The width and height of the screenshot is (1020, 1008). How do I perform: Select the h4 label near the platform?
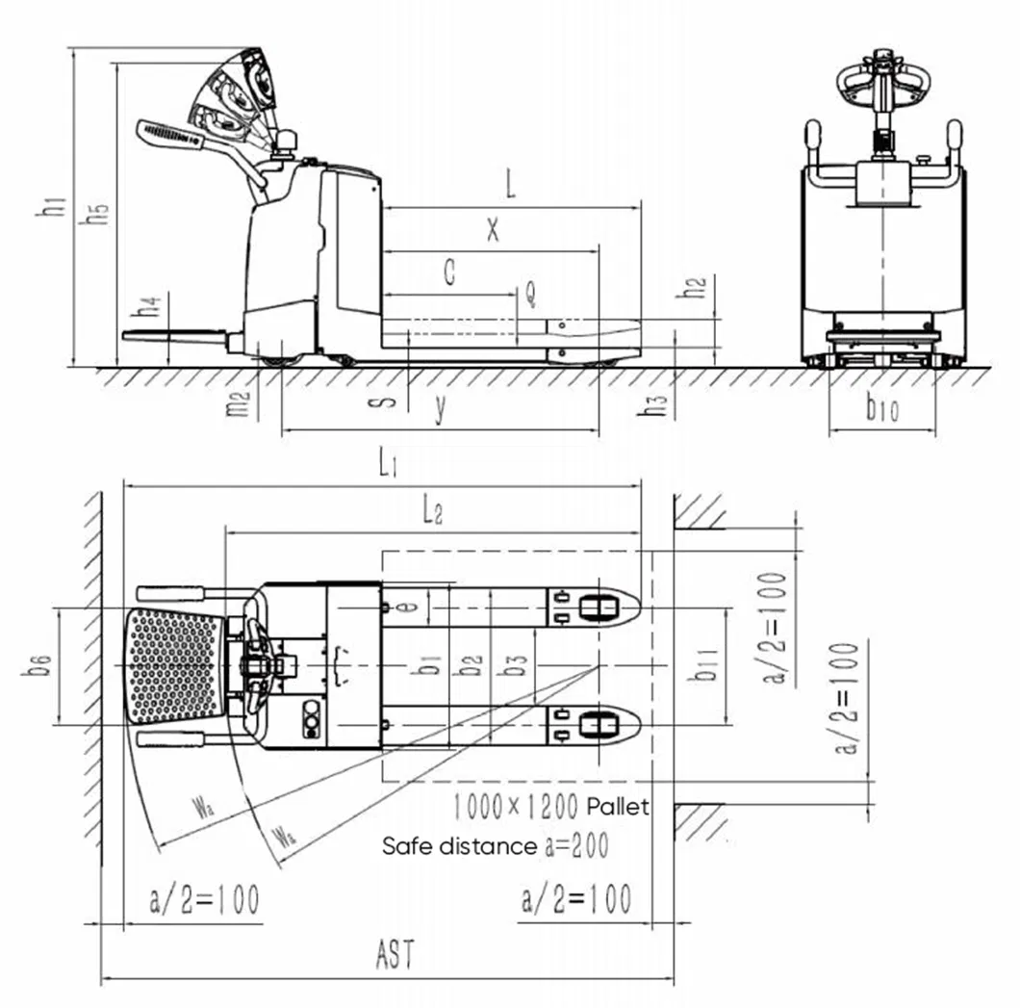point(148,309)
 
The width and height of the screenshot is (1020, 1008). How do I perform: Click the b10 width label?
point(881,410)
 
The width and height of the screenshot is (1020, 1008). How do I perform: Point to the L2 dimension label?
point(432,512)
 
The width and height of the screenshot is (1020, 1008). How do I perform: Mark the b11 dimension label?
point(704,664)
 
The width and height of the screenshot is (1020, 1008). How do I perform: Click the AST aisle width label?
point(395,957)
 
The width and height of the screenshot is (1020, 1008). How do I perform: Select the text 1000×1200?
point(515,805)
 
